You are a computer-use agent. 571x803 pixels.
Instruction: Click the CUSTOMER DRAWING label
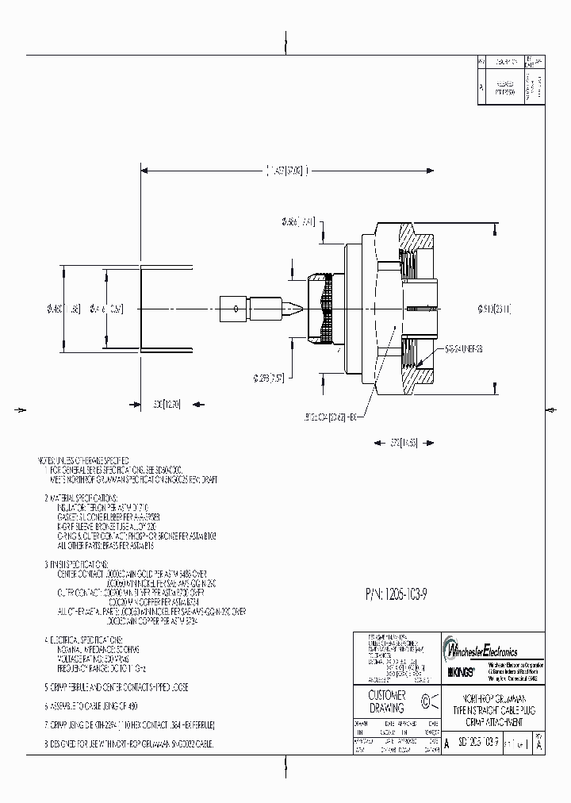coord(388,701)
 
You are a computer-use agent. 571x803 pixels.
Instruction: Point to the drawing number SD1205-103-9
coord(477,743)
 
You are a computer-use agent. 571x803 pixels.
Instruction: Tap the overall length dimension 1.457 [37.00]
coord(287,170)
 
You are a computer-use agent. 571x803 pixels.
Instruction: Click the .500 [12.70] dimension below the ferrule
coord(167,404)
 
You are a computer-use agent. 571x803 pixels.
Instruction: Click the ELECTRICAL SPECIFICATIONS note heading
coord(87,639)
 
